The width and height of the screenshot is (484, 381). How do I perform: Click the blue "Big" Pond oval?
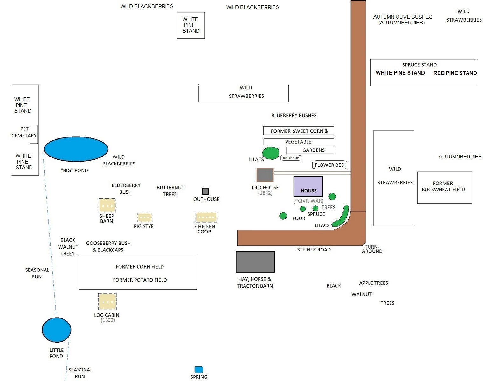pos(76,149)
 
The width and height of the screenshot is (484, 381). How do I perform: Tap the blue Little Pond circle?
pos(57,330)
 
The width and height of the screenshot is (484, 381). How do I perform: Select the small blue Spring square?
pos(199,370)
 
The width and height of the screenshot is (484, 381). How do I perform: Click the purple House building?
pos(308,186)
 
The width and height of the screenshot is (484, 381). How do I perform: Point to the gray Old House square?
pos(265,175)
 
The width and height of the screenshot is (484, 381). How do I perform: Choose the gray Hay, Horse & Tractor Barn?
pos(255,262)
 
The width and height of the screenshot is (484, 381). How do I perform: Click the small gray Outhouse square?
pos(206,191)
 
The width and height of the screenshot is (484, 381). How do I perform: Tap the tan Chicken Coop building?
pos(206,217)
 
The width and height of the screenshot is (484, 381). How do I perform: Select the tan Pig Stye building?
pos(145,217)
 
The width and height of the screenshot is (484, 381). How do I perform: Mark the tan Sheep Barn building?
pos(107,205)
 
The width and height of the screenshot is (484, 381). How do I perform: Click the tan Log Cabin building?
pos(107,301)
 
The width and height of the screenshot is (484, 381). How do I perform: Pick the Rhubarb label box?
pos(291,158)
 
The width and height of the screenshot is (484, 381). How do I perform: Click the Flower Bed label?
pos(329,165)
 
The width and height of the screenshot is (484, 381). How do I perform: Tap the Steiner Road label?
pos(314,250)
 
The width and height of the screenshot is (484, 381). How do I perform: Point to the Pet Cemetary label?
pos(24,132)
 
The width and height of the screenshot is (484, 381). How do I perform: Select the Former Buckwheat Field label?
pos(443,186)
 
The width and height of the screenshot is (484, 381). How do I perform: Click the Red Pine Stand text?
pos(455,73)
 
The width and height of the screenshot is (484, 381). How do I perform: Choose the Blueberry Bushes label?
pos(294,116)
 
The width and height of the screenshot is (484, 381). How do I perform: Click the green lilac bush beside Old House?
pos(271,153)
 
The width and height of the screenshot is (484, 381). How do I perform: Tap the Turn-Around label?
pos(372,249)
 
